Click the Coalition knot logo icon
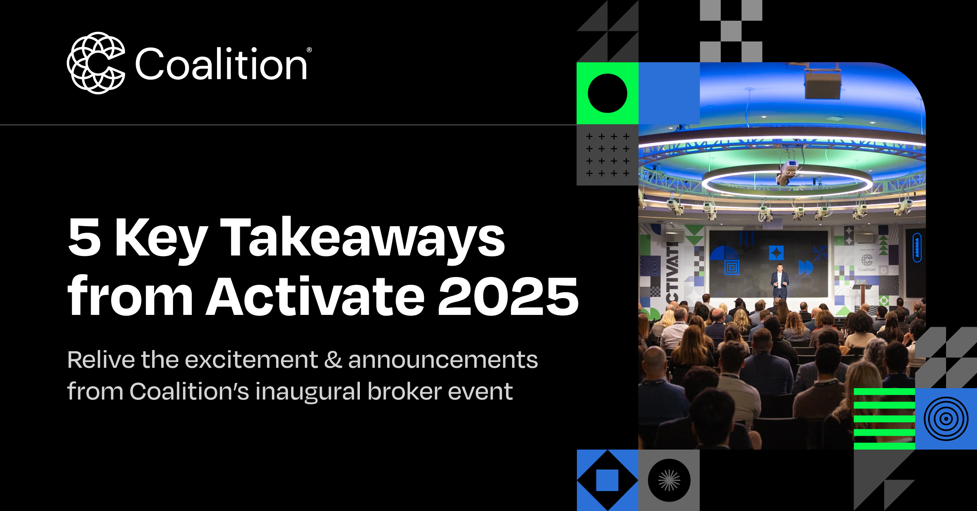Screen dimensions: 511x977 96,63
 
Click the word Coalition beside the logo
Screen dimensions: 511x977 221,64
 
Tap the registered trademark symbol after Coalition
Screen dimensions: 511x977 309,50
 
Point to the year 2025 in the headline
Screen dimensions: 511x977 508,296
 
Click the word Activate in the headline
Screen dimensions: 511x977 315,296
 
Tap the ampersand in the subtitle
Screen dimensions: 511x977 333,360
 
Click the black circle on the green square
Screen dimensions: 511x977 607,93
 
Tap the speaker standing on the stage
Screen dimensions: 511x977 780,281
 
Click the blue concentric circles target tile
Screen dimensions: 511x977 946,419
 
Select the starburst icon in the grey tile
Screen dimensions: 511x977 669,480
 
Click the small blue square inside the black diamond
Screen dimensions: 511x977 607,480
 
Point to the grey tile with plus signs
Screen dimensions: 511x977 607,155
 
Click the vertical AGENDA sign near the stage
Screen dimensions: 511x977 917,247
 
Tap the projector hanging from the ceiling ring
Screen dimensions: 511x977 788,171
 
